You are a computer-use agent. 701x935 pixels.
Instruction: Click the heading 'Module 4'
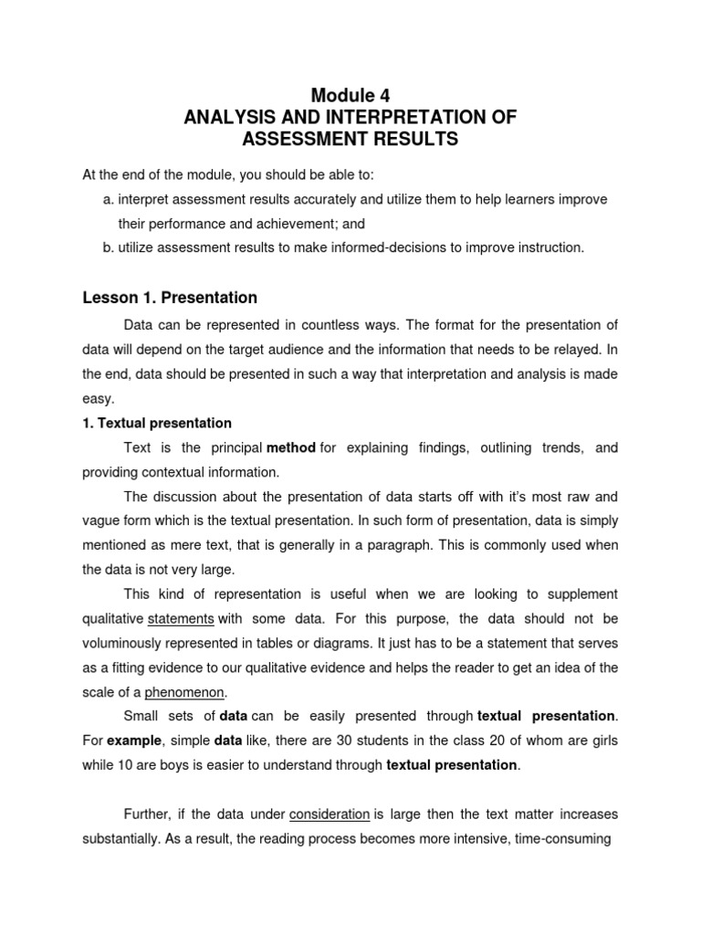pyautogui.click(x=350, y=94)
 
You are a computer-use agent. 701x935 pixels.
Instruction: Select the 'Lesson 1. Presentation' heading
pyautogui.click(x=170, y=298)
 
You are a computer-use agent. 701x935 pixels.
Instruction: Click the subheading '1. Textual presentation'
pyautogui.click(x=157, y=423)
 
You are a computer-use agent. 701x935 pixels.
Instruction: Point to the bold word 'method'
pyautogui.click(x=291, y=447)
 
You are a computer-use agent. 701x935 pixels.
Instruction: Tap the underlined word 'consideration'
pyautogui.click(x=330, y=814)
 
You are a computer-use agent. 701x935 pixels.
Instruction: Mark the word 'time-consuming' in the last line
pyautogui.click(x=565, y=838)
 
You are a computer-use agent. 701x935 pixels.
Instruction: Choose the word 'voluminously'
pyautogui.click(x=125, y=643)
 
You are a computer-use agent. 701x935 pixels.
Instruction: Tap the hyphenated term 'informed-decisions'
pyautogui.click(x=356, y=247)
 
